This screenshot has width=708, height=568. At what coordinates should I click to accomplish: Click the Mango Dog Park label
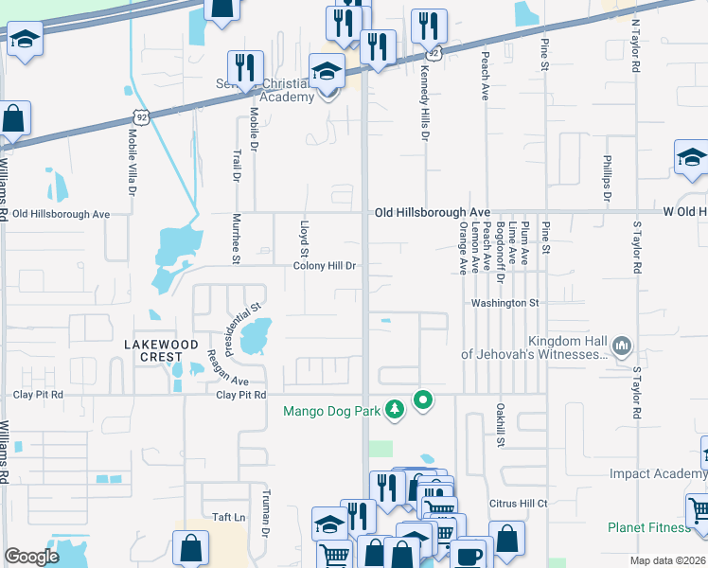coord(330,411)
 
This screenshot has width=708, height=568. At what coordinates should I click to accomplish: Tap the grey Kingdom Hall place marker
coord(622,346)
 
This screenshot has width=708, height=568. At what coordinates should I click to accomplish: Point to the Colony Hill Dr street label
coord(324,267)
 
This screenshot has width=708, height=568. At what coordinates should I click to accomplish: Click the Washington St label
coord(506,303)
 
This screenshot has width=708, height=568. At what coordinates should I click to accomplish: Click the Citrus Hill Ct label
coord(518,504)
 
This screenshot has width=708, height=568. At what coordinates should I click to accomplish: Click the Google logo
coord(31,557)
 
